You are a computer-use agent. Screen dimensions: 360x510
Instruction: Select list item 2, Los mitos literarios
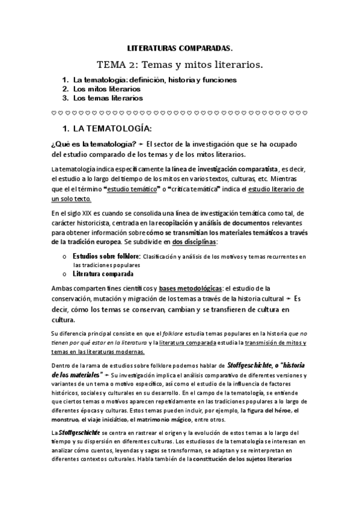click(107, 89)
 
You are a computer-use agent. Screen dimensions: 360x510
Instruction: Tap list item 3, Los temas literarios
click(108, 98)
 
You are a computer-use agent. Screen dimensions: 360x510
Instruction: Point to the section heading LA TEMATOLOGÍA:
click(112, 129)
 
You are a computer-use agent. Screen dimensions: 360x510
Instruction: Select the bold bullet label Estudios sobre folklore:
click(106, 256)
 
